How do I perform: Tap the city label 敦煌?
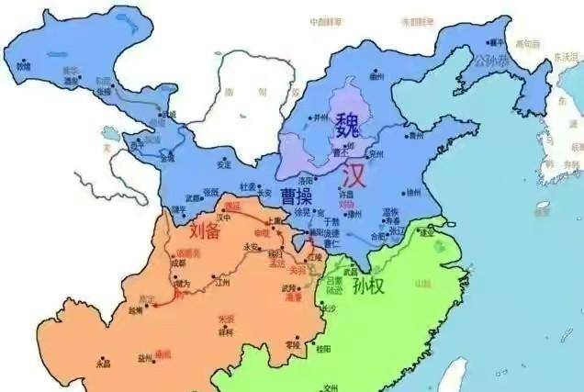(23, 66)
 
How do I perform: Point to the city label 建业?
(426, 231)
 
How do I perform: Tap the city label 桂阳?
(322, 349)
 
